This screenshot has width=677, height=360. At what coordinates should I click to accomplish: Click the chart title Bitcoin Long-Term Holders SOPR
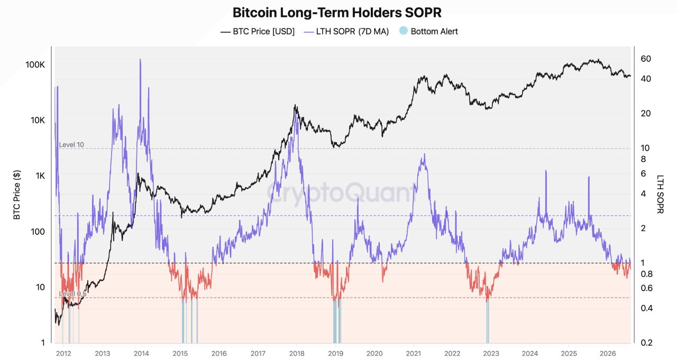(x=337, y=13)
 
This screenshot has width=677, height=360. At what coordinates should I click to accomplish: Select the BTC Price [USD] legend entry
(x=258, y=31)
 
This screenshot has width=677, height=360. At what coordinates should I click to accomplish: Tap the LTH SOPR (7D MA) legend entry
(x=346, y=31)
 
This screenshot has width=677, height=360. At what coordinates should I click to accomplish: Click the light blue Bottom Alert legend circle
(x=403, y=31)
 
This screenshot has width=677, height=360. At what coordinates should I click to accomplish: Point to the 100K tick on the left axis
(x=35, y=64)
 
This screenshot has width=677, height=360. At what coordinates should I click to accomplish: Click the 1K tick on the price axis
(x=40, y=176)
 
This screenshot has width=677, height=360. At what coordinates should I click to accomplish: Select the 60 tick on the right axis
(x=646, y=59)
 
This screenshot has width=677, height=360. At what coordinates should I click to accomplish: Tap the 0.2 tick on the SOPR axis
(x=646, y=343)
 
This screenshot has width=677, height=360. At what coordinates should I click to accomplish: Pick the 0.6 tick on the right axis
(x=646, y=288)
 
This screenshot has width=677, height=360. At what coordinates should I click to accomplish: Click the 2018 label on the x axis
(x=297, y=353)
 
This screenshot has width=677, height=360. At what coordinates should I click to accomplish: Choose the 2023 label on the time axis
(x=491, y=353)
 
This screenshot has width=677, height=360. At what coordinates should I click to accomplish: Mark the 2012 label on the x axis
(x=63, y=353)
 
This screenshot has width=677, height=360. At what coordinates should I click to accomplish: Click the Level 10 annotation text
(x=71, y=145)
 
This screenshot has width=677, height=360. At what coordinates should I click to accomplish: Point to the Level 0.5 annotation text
(x=72, y=293)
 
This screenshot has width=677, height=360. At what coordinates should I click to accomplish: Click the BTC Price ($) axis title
(x=17, y=195)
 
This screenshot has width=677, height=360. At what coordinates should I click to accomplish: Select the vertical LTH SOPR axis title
(x=661, y=194)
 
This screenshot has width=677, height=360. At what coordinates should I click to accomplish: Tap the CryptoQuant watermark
(x=342, y=192)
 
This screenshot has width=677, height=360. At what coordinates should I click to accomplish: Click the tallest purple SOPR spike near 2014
(x=140, y=60)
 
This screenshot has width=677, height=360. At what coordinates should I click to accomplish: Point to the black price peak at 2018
(x=295, y=105)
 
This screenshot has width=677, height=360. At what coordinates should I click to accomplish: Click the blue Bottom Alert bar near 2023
(x=488, y=321)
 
